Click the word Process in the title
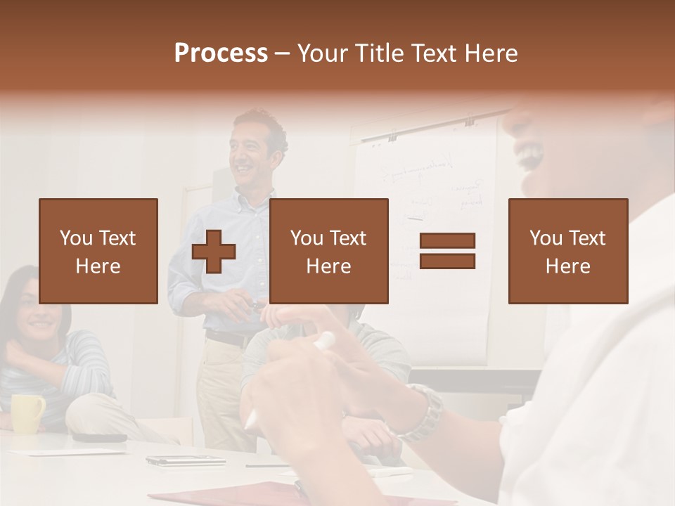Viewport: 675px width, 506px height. tap(221, 53)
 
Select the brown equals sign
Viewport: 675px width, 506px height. tap(447, 251)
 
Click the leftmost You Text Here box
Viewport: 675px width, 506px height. tap(98, 251)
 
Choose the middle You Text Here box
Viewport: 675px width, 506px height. tap(328, 251)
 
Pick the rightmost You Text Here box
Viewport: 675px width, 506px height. tap(567, 251)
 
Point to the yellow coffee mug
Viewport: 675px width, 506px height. tap(27, 413)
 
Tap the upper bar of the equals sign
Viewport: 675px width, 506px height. tap(447, 241)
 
